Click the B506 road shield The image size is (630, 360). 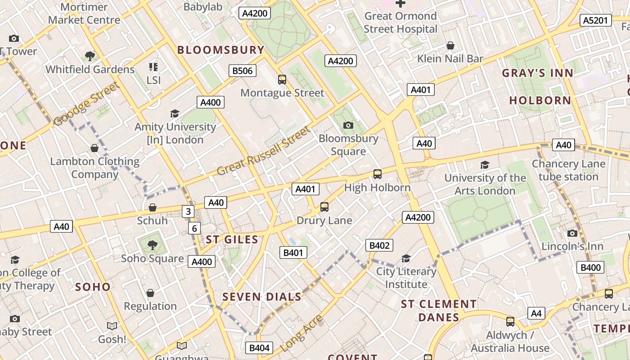[243, 71]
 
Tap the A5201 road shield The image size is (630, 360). [596, 20]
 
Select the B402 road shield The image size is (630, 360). [379, 245]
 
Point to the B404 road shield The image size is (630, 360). [259, 348]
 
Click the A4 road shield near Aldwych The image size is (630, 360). [536, 313]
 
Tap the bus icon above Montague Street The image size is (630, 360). [282, 80]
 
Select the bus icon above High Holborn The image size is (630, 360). [378, 174]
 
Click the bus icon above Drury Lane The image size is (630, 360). [324, 207]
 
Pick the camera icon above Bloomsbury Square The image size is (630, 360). [348, 125]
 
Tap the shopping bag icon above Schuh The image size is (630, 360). [153, 207]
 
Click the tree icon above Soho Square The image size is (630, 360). [152, 245]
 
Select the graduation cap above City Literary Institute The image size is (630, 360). [406, 258]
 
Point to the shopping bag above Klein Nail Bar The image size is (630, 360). [450, 45]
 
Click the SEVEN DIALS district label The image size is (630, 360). [262, 297]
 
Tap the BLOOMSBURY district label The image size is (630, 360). [220, 50]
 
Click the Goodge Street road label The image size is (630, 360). [86, 104]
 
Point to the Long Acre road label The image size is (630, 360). [301, 333]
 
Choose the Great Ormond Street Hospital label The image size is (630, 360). [400, 22]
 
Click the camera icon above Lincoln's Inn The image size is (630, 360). [572, 233]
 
